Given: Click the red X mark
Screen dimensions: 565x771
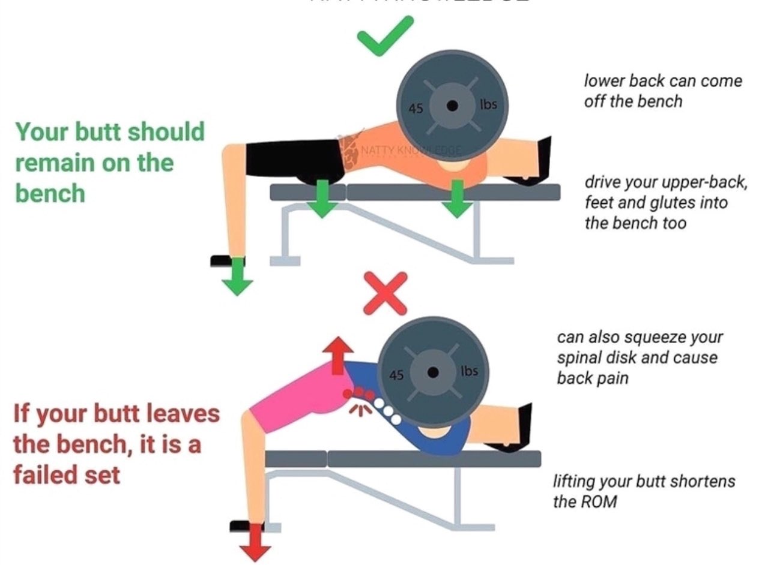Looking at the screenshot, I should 385,293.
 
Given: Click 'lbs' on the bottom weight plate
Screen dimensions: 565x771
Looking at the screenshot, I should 469,371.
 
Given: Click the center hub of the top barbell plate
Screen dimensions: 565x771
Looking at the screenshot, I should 452,106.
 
